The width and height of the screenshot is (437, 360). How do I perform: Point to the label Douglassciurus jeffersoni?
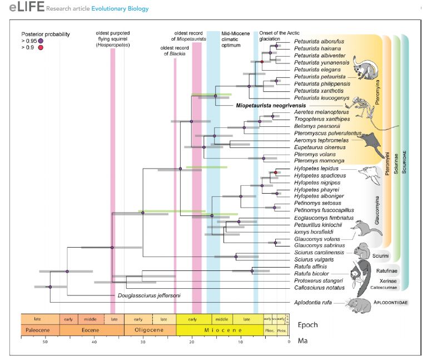pos(150,295)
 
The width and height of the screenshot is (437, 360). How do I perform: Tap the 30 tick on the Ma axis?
pos(143,342)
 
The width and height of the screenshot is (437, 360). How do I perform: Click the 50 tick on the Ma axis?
pos(46,342)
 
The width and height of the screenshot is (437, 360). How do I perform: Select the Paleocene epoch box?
pos(39,330)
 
